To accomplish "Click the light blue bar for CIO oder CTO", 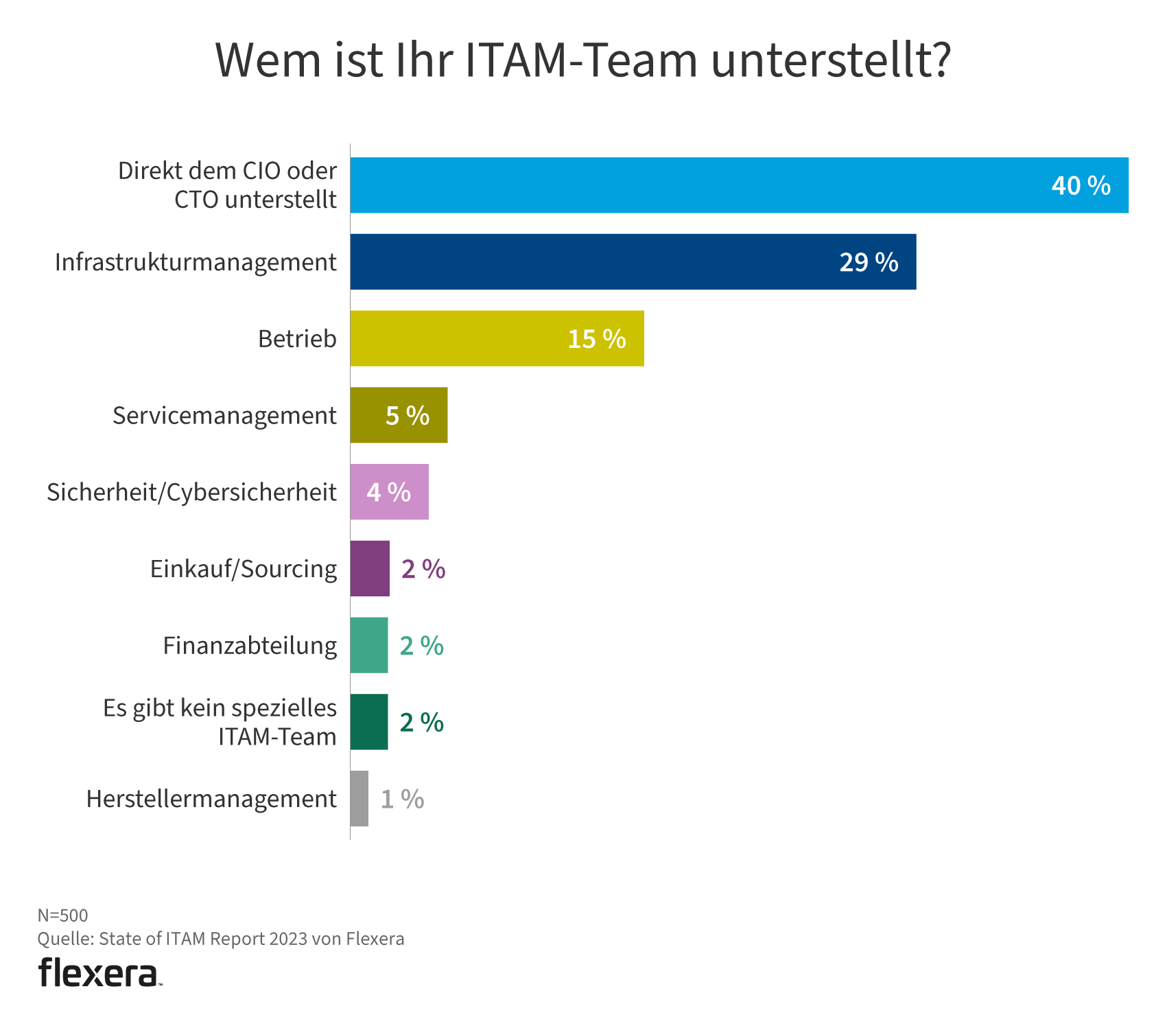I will click(686, 185).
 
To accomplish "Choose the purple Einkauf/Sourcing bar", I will click(370, 569).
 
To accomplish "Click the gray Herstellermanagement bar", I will click(359, 799).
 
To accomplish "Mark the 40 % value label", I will click(1081, 186).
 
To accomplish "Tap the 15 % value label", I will click(596, 339).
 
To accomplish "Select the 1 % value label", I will click(402, 800).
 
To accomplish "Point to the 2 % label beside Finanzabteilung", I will click(421, 646).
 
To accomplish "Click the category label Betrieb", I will click(297, 339).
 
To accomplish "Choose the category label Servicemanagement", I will click(224, 416).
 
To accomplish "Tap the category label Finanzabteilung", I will click(250, 646).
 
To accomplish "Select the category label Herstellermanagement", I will click(211, 800).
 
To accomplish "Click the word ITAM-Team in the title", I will click(581, 60).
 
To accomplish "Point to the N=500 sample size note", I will click(62, 916).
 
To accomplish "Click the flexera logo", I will click(99, 972).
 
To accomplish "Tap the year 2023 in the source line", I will click(288, 939).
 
